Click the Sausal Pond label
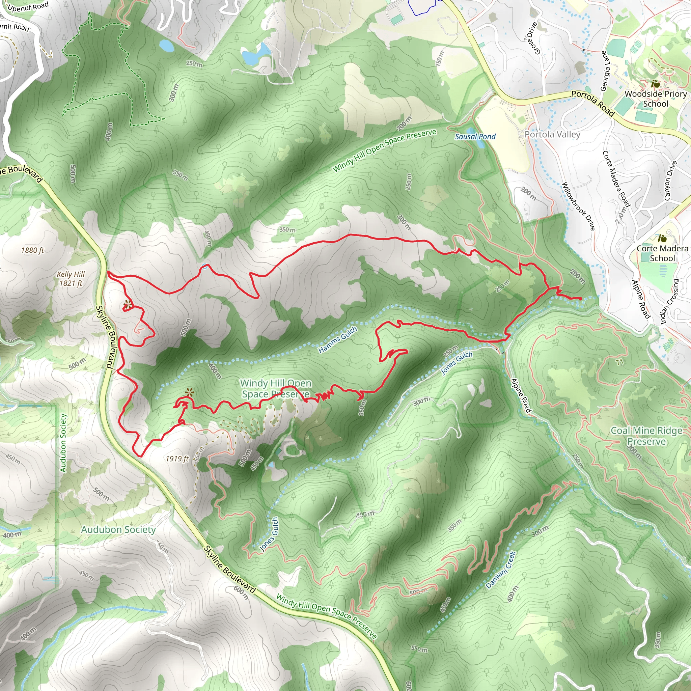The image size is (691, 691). (x=475, y=136)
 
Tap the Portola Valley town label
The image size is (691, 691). (x=552, y=135)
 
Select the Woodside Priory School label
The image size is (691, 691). (x=655, y=99)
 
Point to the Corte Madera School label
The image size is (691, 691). (x=662, y=253)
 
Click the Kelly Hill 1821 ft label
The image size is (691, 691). (x=71, y=279)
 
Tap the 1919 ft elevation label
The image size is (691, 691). (x=177, y=459)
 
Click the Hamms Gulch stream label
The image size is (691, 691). (x=338, y=339)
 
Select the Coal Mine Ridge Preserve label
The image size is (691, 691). (x=646, y=436)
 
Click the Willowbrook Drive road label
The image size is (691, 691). (x=578, y=206)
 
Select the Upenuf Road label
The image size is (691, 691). (x=28, y=6)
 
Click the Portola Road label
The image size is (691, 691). (x=592, y=103)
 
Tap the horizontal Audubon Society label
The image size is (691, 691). (x=118, y=529)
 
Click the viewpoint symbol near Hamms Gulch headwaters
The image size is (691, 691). (x=189, y=392)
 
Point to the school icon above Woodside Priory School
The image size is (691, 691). (x=655, y=84)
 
